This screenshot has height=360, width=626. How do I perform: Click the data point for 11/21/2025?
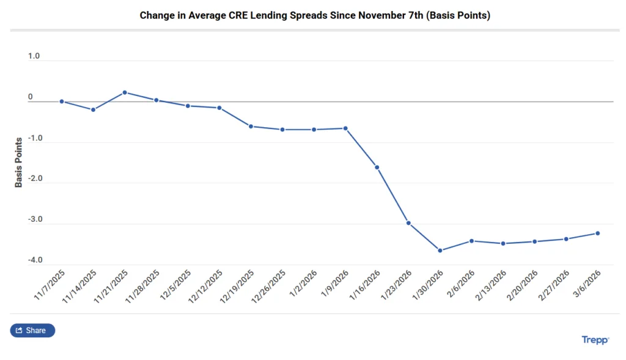coord(125,92)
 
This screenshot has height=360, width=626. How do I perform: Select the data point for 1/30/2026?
coord(440,251)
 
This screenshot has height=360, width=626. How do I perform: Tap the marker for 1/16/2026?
coord(377,167)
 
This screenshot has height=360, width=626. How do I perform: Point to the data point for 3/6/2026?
coord(598,233)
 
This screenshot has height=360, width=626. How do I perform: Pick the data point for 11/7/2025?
coord(62,101)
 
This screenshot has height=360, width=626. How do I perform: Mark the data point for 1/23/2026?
coord(408,223)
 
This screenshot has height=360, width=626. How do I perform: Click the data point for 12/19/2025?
coord(251,127)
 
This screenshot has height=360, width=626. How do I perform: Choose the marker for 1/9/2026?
coord(345,128)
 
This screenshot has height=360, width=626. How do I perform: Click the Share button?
coord(32,331)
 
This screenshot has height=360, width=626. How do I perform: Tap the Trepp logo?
coord(595,340)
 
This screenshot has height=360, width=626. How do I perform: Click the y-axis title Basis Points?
coord(19,162)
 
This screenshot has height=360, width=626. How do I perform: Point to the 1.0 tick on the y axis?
coord(34,56)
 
